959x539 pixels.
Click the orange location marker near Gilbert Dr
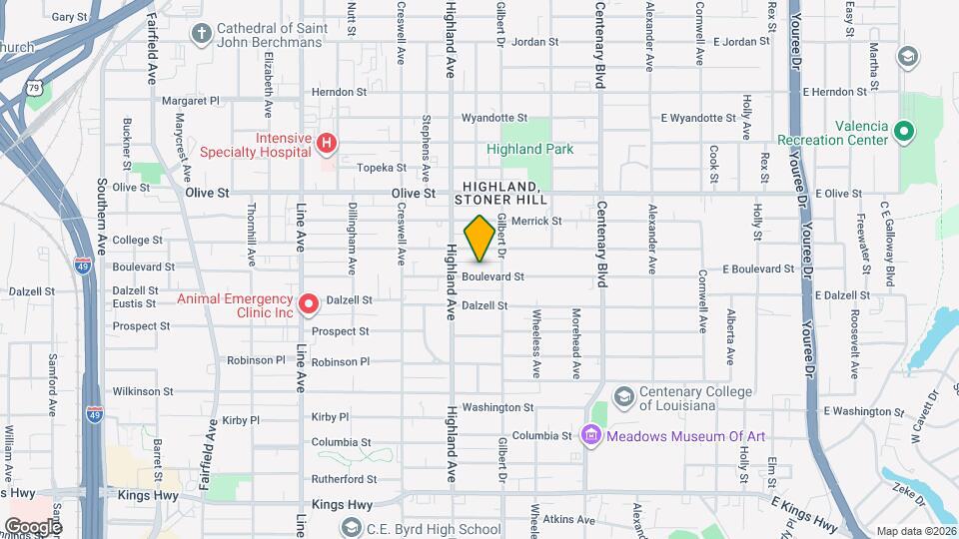479,238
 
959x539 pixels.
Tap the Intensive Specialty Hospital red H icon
326,145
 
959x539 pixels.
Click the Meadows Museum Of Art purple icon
590,435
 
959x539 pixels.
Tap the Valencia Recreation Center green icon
904,131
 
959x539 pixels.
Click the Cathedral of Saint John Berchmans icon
202,34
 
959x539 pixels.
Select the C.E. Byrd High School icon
351,526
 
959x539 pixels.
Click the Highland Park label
530,149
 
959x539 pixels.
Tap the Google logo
33,526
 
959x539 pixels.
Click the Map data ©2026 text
915,531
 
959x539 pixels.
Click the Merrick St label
536,221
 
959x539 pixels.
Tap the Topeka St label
384,168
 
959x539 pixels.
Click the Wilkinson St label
143,391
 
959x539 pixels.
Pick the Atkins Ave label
570,519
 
